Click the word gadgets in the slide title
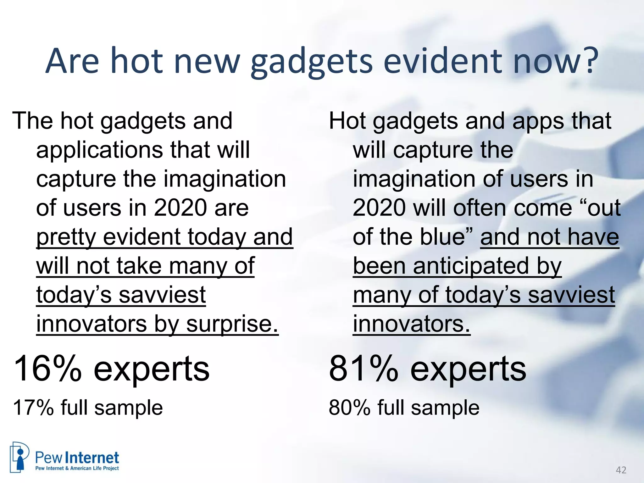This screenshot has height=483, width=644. pyautogui.click(x=311, y=61)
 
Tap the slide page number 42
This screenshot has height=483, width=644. pyautogui.click(x=621, y=470)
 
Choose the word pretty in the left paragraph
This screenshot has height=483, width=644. pyautogui.click(x=66, y=237)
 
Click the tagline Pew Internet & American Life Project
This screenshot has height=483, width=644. pyautogui.click(x=77, y=468)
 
